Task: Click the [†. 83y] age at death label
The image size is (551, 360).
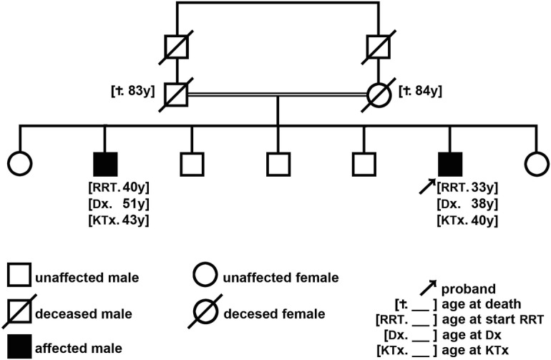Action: point(133,92)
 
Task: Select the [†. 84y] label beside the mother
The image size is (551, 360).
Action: point(421,92)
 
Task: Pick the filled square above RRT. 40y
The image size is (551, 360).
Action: point(106,164)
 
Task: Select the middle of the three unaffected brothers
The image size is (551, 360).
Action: point(277,164)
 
